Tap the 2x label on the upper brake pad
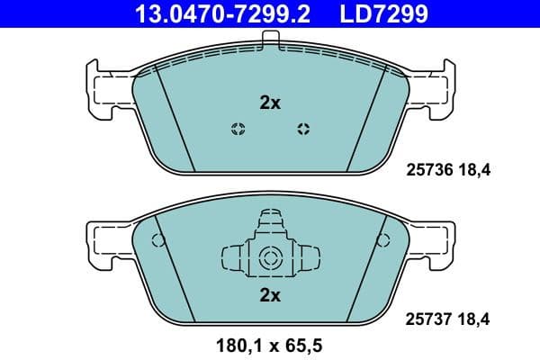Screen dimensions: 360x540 point(270,103)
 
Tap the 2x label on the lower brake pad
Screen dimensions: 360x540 point(270,294)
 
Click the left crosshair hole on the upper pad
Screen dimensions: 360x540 point(238,128)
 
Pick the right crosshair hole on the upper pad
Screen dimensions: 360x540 point(303,128)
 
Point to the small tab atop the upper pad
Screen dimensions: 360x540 point(270,39)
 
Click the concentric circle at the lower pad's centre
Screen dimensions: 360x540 point(270,260)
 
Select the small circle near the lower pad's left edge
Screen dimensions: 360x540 point(158,240)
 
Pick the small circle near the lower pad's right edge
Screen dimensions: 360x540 point(384,240)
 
